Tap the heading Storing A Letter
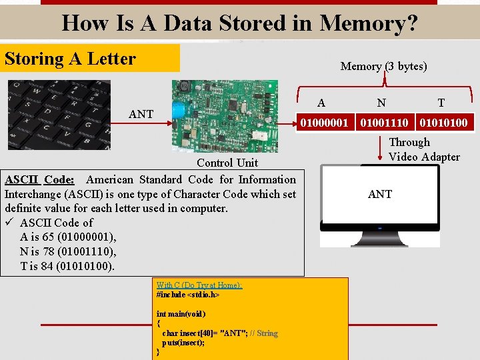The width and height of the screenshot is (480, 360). click(70, 59)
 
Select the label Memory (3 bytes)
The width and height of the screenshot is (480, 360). click(383, 66)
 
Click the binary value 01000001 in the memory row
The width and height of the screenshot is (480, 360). click(324, 123)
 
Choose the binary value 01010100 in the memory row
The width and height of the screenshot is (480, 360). click(443, 123)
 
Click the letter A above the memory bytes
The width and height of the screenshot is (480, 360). click(321, 103)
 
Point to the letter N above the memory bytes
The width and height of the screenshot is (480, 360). click(381, 103)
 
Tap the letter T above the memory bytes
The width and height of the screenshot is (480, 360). click(441, 103)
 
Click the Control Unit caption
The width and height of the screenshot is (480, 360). click(227, 163)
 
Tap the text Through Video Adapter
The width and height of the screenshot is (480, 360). click(424, 149)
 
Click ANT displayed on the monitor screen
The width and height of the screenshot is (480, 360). click(380, 194)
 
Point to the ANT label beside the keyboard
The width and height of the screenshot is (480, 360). click(141, 114)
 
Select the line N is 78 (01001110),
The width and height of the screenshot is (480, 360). click(68, 251)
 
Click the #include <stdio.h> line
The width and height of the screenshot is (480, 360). click(188, 294)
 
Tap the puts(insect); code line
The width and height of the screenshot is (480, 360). click(184, 342)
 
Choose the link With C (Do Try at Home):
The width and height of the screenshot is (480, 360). click(199, 285)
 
